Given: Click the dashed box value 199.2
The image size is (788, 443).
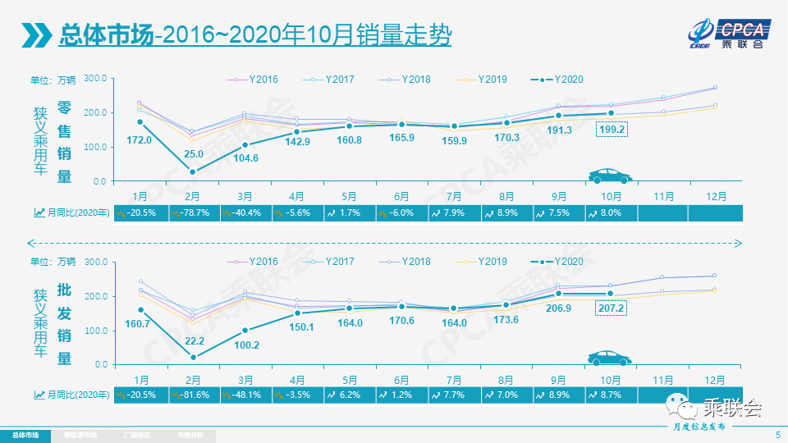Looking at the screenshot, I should pos(612,130).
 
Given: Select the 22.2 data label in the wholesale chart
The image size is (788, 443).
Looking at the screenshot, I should pos(194,340).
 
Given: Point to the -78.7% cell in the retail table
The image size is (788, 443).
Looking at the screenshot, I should pos(194,212).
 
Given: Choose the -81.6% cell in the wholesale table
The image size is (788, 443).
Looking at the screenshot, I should pos(194,395).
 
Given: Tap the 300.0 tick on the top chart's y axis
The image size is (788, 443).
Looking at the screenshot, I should pos(95,78).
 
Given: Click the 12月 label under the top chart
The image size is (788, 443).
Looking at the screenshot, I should pos(715,197).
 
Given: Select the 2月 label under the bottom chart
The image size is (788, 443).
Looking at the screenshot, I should pos(193,380).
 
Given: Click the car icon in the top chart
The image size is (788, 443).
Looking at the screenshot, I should pos(610,176).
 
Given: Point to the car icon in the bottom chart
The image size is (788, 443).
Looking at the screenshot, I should pos(610,358).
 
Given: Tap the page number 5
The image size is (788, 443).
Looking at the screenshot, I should pos(777,434).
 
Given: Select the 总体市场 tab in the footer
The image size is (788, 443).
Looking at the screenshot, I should pos(25,435).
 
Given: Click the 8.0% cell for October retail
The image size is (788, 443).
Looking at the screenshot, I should pos(612,212).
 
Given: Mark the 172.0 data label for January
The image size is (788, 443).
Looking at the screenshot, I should pos(140,140).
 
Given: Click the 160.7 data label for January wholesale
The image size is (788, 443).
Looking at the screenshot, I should pos(140,324).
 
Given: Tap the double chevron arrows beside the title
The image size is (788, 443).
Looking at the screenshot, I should pos(37,35).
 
